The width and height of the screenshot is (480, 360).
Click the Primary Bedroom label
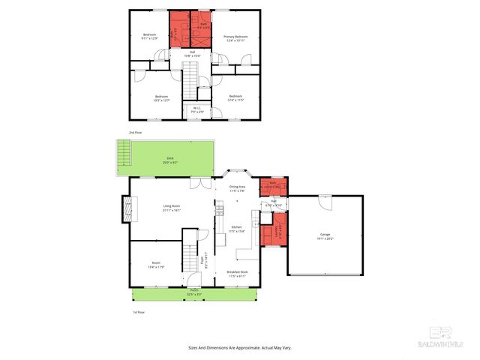235,38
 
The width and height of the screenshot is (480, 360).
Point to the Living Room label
172,208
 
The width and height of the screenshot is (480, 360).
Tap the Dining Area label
237,188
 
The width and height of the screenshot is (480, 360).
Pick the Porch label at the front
193,292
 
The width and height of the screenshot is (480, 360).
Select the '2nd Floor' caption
135,132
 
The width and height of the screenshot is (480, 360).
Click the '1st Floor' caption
139,312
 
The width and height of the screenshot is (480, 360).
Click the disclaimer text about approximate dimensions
239,348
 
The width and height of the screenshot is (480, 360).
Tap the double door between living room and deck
196,183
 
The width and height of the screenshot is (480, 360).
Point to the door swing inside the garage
324,202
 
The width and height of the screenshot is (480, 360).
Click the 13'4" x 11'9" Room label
157,265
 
